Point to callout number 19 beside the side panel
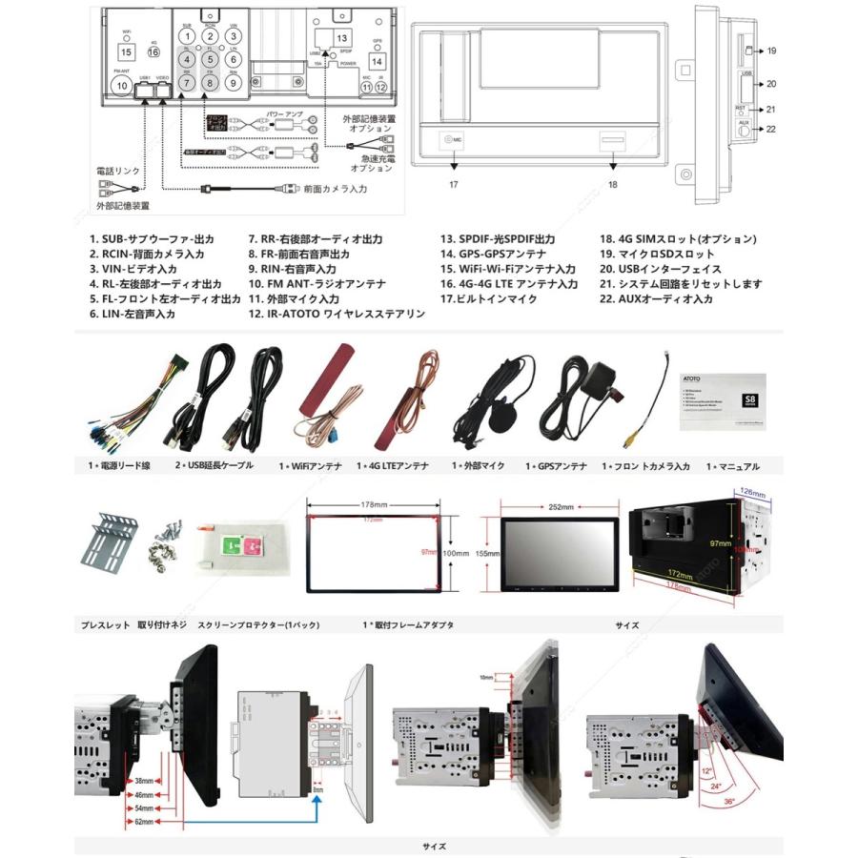tap(771, 51)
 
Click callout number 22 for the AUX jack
tap(771, 130)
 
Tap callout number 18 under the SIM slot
tap(613, 183)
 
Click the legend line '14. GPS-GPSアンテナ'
tap(492, 255)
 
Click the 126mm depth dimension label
tap(752, 493)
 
